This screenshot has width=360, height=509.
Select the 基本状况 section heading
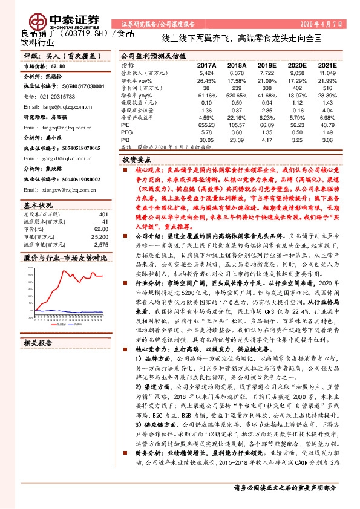click(38, 204)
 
